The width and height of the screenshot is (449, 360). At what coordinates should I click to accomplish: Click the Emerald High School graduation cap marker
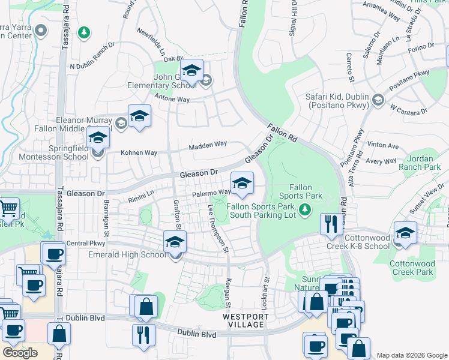click(x=175, y=242)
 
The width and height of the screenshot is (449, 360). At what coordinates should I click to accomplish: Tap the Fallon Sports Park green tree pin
click(x=306, y=209)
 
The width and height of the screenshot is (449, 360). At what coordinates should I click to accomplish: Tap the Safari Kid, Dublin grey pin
click(x=378, y=99)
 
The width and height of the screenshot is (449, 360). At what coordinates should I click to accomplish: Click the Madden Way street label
click(x=208, y=145)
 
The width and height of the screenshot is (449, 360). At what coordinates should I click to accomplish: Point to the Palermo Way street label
click(x=211, y=193)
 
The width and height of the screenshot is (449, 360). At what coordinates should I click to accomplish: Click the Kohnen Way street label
click(x=139, y=152)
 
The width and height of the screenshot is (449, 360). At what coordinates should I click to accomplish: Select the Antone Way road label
click(x=172, y=98)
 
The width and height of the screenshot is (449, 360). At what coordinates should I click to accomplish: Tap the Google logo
click(x=20, y=353)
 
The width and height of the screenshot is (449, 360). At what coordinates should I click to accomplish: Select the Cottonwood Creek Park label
click(x=411, y=268)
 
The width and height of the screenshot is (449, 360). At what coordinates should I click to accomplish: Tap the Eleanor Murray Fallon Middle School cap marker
click(x=139, y=116)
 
